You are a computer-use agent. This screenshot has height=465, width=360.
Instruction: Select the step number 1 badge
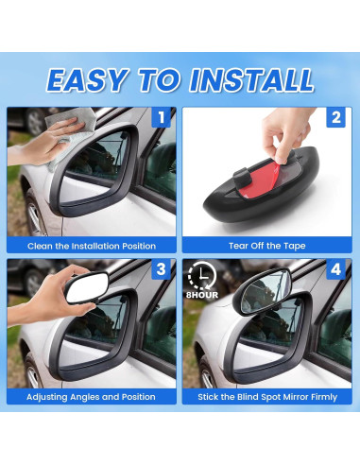tap(161, 119)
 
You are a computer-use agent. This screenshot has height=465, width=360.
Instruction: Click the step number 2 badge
tap(336, 119)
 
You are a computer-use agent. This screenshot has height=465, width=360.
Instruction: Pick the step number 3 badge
tap(161, 270)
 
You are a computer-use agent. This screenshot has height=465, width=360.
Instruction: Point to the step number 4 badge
tap(336, 270)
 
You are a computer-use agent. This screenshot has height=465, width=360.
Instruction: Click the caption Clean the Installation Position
tap(93, 246)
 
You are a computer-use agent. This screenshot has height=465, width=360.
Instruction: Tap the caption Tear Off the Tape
tap(267, 246)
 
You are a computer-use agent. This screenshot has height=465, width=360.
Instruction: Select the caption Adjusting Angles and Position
tap(93, 397)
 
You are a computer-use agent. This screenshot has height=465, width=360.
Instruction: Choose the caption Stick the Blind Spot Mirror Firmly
tap(267, 397)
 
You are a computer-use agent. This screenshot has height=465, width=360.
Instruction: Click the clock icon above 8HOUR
tap(200, 276)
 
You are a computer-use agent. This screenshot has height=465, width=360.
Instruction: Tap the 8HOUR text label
tap(201, 293)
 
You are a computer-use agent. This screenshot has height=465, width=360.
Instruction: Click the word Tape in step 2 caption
tap(293, 246)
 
